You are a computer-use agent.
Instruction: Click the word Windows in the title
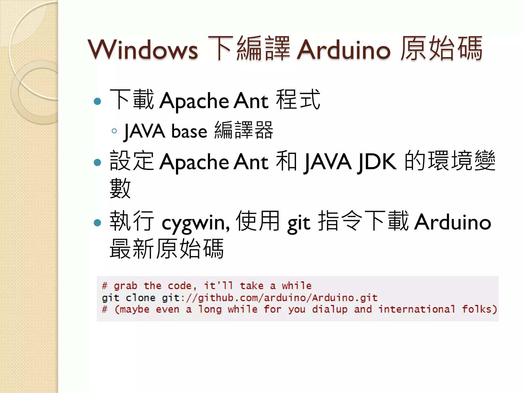point(143,49)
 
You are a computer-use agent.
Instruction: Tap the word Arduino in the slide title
point(344,49)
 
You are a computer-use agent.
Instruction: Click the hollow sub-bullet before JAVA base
point(114,131)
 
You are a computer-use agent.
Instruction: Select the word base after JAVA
point(189,131)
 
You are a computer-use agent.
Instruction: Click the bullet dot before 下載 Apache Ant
point(97,101)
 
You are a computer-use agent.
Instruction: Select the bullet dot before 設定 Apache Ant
point(97,162)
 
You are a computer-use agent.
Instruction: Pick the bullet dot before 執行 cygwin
point(97,223)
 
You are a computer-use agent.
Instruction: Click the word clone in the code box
point(140,298)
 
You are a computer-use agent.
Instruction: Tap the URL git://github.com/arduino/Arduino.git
point(270,298)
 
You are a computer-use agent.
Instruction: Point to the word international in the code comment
point(417,309)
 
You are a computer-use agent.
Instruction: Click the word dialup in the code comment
point(330,309)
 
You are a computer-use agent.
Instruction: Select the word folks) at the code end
point(479,309)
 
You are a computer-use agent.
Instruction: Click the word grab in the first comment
point(125,286)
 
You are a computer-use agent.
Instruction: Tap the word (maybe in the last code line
point(132,309)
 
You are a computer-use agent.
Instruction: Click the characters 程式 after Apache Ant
point(298,100)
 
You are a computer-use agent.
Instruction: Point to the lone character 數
point(120,188)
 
